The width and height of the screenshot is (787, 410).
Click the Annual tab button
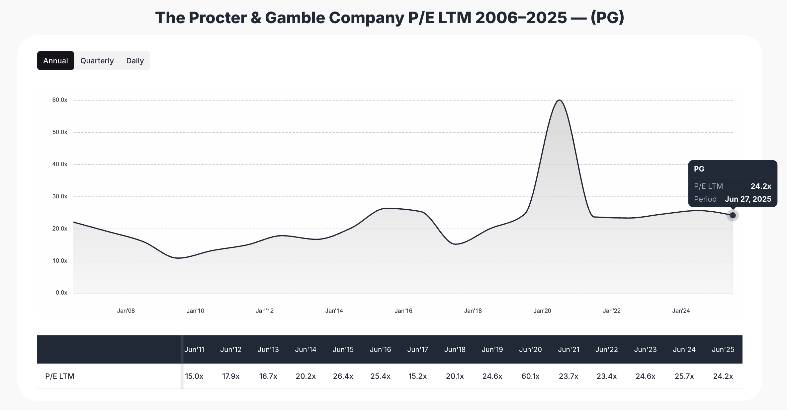[x=55, y=61]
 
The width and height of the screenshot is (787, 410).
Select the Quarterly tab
[x=97, y=61]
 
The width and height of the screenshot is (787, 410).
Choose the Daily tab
[x=135, y=61]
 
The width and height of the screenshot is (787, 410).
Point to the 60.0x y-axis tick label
[x=60, y=100]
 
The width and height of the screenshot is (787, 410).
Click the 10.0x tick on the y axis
[x=60, y=261]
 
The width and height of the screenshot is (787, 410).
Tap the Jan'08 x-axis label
[x=126, y=311]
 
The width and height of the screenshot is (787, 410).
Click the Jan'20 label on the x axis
[x=542, y=311]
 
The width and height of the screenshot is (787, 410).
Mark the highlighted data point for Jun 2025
[x=733, y=216]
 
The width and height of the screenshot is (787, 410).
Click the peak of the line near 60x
[x=560, y=100]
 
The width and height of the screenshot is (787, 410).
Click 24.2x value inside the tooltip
[x=761, y=186]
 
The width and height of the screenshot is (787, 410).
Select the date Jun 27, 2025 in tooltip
[x=748, y=199]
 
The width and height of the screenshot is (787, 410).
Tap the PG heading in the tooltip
[x=699, y=169]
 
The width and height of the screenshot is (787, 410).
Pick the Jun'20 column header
[x=530, y=350]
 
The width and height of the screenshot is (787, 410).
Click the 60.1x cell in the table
[x=530, y=376]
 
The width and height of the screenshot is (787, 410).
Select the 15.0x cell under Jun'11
[x=194, y=376]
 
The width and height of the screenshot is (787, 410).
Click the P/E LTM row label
[x=60, y=376]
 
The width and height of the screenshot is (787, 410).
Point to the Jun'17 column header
[x=417, y=350]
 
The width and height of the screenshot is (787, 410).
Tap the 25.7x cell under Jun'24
[x=684, y=376]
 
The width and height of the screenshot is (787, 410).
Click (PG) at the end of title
[x=607, y=18]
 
